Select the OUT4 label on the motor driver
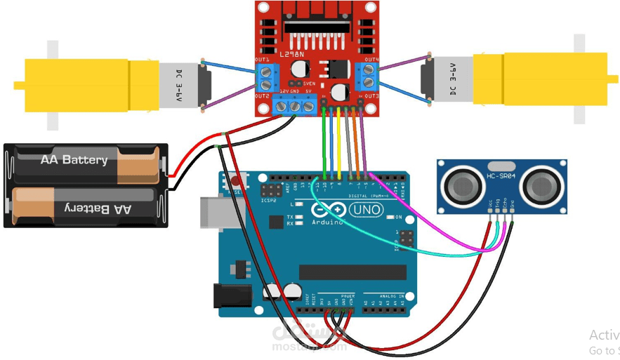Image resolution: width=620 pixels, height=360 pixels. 371,60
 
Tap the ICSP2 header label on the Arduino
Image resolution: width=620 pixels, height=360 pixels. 268,199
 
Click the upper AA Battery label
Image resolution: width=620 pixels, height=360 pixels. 74,160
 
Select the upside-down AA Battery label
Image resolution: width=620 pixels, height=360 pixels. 98,208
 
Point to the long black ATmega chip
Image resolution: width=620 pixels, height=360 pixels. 352,272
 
